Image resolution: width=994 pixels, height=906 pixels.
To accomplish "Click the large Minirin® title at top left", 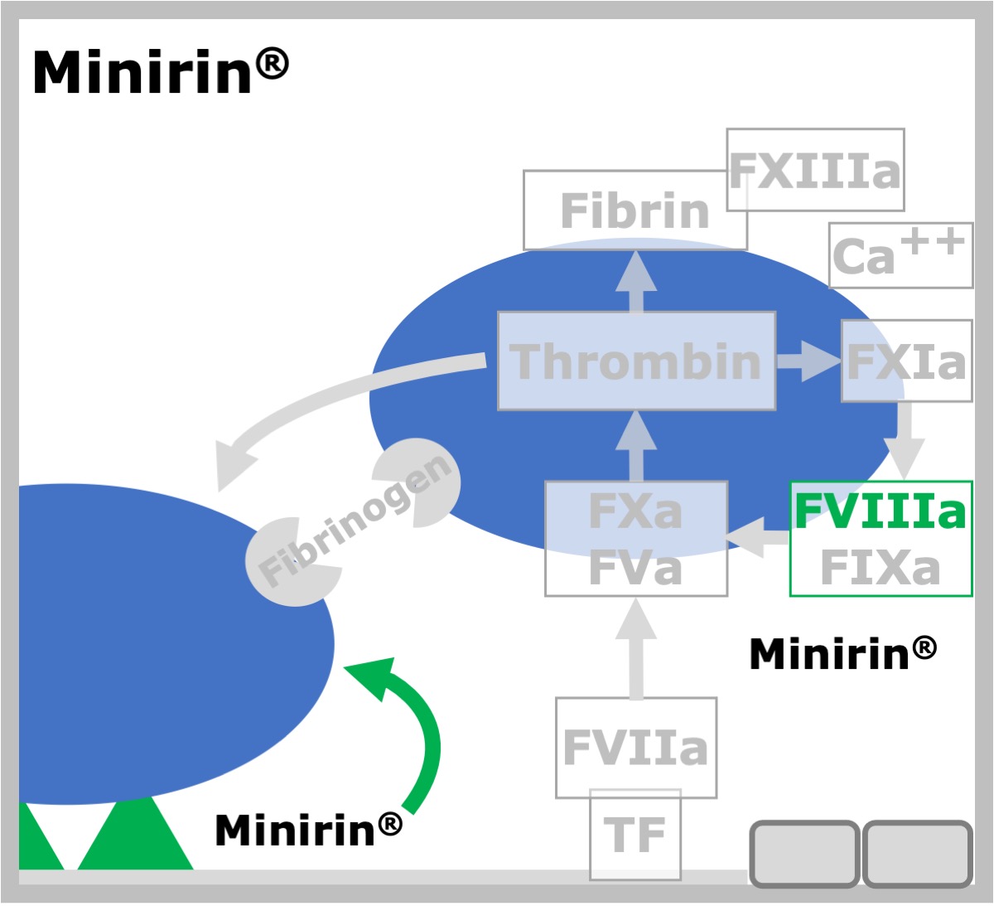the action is [x=161, y=71].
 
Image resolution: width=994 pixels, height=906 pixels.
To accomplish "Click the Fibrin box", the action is [x=635, y=211].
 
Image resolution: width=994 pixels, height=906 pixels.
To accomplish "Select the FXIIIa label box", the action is [x=816, y=170].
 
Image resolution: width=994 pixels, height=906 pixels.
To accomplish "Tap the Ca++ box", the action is [x=901, y=255].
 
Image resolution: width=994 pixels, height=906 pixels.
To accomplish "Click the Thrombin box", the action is [x=637, y=361].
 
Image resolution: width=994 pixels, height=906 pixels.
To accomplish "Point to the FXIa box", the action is [x=907, y=361].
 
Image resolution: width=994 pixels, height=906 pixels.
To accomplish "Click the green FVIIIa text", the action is [x=880, y=511].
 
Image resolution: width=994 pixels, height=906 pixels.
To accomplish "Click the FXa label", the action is [x=635, y=511].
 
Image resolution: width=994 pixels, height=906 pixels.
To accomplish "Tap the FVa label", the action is [x=635, y=568].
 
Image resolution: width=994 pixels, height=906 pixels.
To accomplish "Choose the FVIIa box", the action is [x=636, y=748].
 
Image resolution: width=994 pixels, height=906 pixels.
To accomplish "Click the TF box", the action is [x=635, y=835].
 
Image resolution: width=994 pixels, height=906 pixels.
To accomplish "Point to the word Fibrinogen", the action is [x=355, y=521].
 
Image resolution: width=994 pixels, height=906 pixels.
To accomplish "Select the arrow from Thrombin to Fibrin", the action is [x=636, y=282].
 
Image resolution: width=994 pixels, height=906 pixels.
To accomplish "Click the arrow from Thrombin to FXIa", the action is [x=808, y=361].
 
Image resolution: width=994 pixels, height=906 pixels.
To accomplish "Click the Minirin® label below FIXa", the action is [x=843, y=653].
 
